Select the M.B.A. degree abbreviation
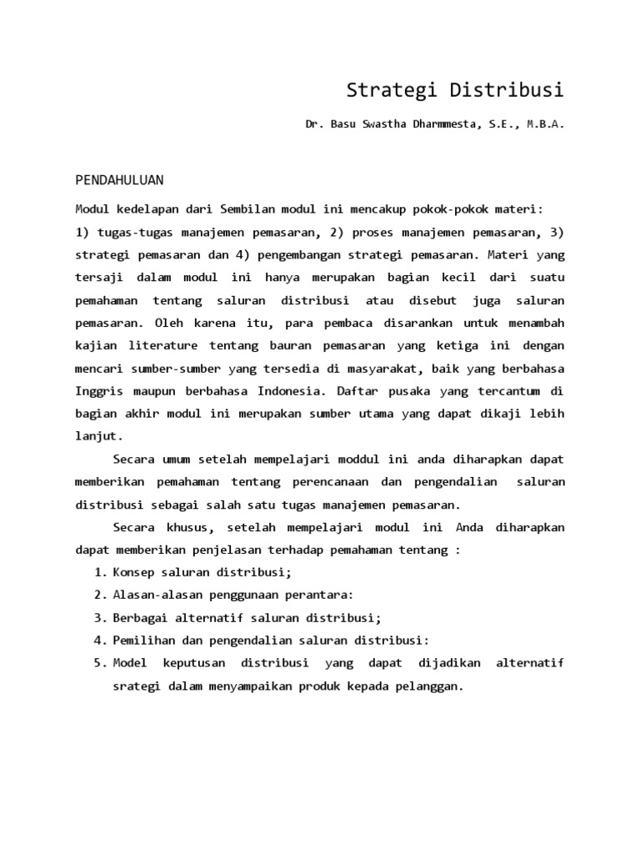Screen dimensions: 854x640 coord(545,124)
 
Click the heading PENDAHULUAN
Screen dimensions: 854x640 coord(119,179)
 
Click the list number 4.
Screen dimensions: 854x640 coord(101,640)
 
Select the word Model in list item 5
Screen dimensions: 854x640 coord(130,663)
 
